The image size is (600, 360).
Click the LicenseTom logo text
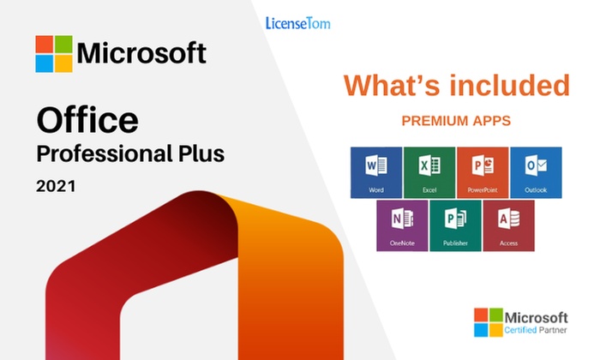click(297, 23)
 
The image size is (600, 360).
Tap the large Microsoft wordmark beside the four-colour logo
click(141, 53)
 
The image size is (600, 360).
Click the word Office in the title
click(87, 120)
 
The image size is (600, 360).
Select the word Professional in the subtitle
click(104, 154)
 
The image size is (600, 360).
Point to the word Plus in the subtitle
click(201, 153)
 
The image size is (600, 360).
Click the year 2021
click(56, 186)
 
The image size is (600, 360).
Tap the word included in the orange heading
click(510, 86)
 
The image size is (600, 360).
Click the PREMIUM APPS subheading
click(456, 121)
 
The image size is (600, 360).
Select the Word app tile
click(376, 172)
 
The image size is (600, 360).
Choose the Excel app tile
click(429, 172)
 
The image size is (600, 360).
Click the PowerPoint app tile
click(483, 172)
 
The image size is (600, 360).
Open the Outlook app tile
click(536, 172)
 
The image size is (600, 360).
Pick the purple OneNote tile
click(402, 225)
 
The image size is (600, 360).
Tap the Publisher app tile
click(455, 225)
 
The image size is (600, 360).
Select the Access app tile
click(508, 225)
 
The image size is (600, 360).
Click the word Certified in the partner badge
click(520, 330)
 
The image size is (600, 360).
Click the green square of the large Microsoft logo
click(63, 45)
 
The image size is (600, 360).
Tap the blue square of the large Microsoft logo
click(45, 63)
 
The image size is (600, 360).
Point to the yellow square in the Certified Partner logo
click(496, 330)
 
